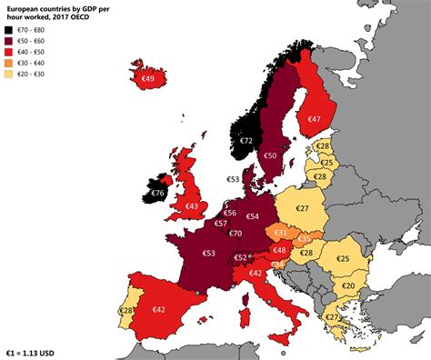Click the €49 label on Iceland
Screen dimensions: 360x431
[148, 80]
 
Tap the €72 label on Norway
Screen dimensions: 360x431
[246, 141]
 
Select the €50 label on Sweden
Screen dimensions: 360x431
[270, 155]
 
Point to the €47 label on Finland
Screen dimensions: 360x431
[314, 119]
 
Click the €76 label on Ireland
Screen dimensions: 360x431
[157, 193]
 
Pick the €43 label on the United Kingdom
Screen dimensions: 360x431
[192, 206]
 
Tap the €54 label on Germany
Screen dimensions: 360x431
[253, 216]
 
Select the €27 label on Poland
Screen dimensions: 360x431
[302, 208]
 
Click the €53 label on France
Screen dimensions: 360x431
[209, 253]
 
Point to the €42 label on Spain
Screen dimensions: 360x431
[159, 309]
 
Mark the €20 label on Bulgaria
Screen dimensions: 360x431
[348, 285]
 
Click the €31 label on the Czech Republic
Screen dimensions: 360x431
[281, 234]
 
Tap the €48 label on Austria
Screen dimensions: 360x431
[280, 250]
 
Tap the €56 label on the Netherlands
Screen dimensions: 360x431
[230, 213]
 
